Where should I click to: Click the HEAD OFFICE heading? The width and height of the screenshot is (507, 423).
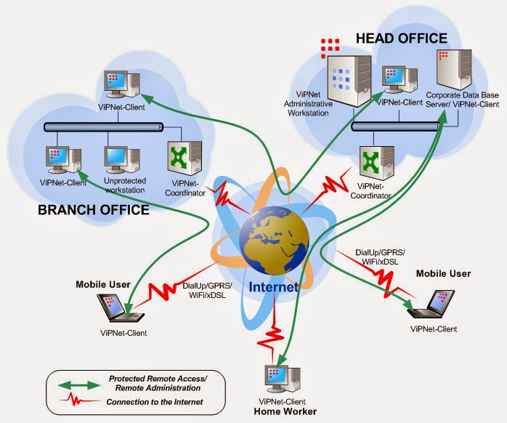point(400,39)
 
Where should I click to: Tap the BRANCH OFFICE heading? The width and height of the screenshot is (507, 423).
point(92,211)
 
